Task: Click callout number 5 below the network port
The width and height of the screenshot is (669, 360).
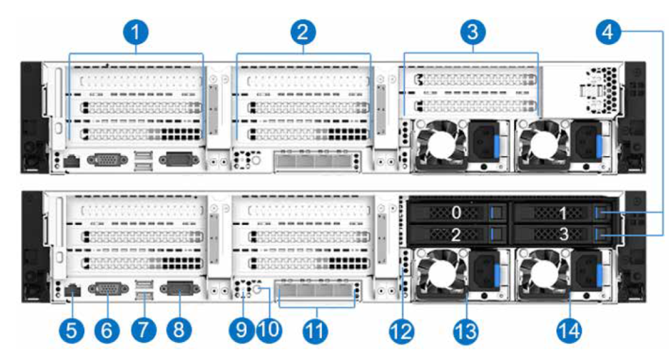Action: click(73, 329)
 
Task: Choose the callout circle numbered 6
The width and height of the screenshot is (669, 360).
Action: click(108, 329)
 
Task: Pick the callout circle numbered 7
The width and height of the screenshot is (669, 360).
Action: click(144, 329)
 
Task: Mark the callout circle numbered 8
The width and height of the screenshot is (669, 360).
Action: click(179, 329)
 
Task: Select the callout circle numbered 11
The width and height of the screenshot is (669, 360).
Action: click(317, 329)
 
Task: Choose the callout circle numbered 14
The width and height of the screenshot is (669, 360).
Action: click(569, 329)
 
